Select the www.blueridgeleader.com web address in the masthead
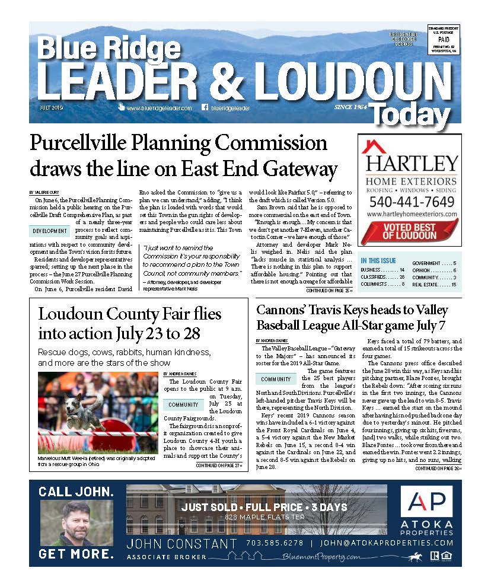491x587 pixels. [158, 109]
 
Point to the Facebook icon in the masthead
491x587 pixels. [205, 108]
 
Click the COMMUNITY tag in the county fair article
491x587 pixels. [183, 404]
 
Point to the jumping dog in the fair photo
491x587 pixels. [77, 410]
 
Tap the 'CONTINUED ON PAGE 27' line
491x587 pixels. [219, 466]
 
